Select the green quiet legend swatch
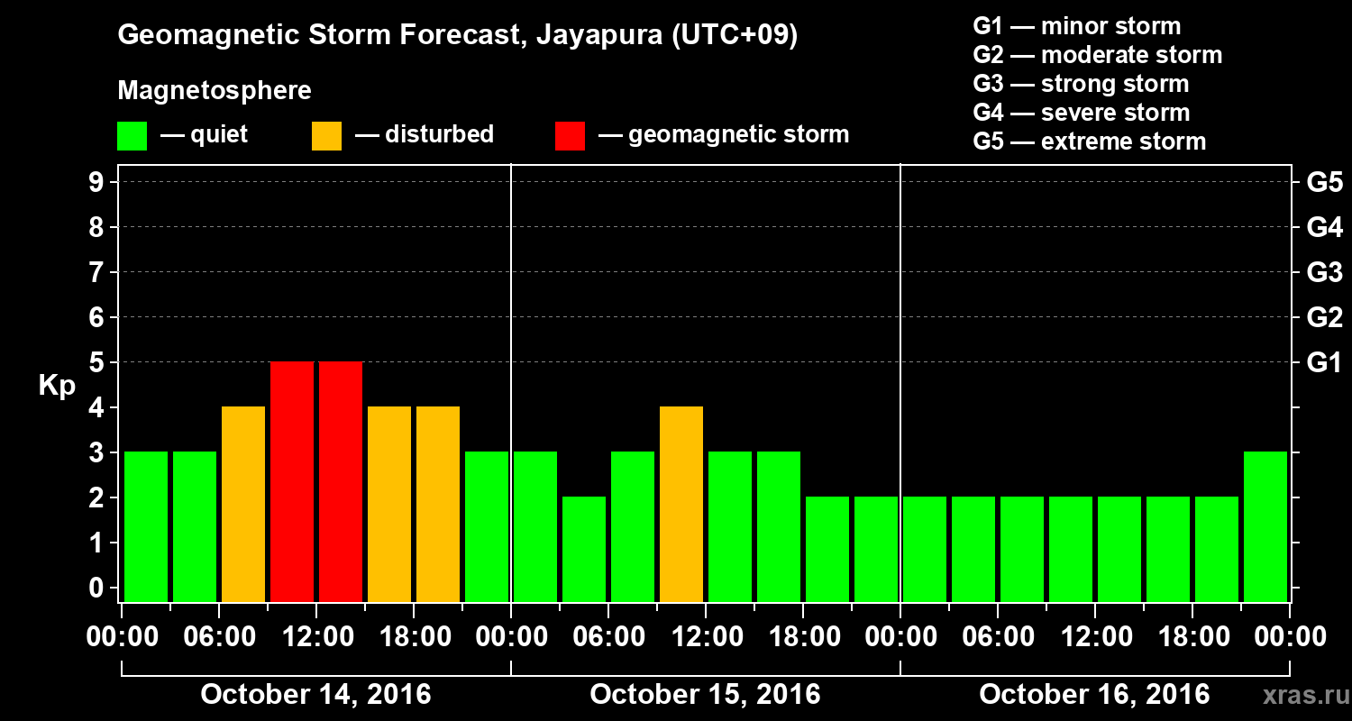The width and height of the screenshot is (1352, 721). pos(132,135)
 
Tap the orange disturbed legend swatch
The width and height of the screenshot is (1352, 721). pos(326,135)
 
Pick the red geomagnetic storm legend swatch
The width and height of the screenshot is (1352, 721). pos(570,135)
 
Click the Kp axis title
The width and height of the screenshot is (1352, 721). pos(57,385)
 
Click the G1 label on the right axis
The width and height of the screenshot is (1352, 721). pos(1324,362)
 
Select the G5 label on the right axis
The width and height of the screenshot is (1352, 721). pos(1324,182)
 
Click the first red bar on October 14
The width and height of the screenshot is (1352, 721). pos(292,481)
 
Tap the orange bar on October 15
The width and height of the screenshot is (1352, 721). pos(681,504)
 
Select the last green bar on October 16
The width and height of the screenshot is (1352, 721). pos(1265,526)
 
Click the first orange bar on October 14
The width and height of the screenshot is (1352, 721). pos(243,504)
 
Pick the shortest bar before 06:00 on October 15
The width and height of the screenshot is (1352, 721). pos(584,549)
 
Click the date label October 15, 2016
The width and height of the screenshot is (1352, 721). pos(705,694)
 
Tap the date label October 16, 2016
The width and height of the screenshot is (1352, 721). pos(1094,694)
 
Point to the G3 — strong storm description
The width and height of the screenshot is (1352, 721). pos(1081,84)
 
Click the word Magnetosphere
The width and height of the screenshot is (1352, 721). pos(215,91)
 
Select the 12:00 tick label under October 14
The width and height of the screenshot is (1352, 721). pos(316,637)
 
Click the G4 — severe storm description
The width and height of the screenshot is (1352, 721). pos(1082,113)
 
